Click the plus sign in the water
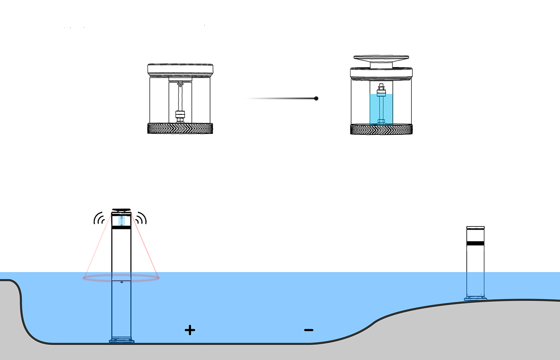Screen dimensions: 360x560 coord(190,330)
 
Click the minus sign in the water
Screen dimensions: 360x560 coord(309,330)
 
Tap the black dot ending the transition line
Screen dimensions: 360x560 coord(316,98)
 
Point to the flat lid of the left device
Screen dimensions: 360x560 coord(180,69)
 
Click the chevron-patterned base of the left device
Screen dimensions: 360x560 coord(180,128)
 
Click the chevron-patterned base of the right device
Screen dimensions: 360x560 coord(381,129)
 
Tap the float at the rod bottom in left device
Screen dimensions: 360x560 coord(180,115)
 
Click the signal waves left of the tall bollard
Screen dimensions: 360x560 coord(99,218)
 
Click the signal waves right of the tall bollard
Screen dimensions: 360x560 coord(141,218)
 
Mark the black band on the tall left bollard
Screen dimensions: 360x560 coord(121,228)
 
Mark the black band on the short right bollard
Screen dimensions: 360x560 coord(475,243)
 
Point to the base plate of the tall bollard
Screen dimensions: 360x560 coord(122,341)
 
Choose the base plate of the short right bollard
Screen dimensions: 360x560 coord(475,298)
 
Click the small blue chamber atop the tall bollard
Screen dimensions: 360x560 coord(122,220)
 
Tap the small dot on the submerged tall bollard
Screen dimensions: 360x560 coord(122,282)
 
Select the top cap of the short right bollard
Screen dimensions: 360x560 coord(475,228)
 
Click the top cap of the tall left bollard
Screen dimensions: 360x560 coord(121,210)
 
